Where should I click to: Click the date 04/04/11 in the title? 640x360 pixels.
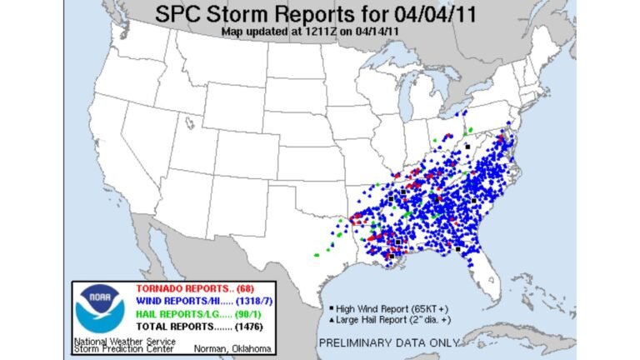(x=432, y=15)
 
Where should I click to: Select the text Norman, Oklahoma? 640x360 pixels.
(x=227, y=347)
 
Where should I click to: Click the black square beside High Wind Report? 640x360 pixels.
(x=332, y=308)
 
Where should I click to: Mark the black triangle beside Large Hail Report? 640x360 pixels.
(x=332, y=318)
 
